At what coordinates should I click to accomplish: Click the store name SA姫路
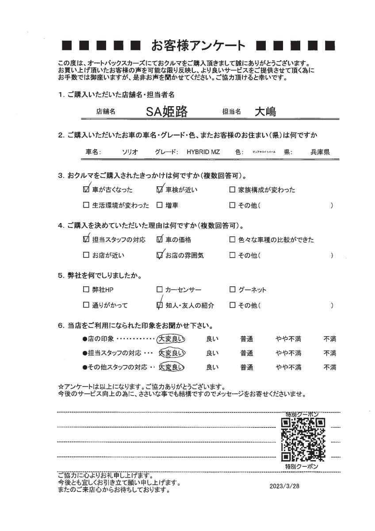(x=167, y=112)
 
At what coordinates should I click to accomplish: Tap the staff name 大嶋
(x=265, y=112)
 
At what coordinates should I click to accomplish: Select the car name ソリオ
(x=130, y=152)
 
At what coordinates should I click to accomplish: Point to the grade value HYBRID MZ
(x=203, y=152)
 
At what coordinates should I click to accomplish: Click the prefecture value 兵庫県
(x=320, y=152)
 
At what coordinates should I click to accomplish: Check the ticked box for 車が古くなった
(x=86, y=190)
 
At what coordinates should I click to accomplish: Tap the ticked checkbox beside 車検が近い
(x=160, y=190)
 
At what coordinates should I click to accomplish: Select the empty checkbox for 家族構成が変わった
(x=232, y=190)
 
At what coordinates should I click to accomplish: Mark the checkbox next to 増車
(x=160, y=206)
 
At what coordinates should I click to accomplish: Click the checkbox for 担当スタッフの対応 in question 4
(x=86, y=240)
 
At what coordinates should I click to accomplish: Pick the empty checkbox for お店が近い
(x=86, y=255)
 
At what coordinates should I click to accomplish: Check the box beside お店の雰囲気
(x=160, y=255)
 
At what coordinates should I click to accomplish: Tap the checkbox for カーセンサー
(x=160, y=290)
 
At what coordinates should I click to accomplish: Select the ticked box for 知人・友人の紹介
(x=160, y=305)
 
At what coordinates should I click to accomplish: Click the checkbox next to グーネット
(x=232, y=290)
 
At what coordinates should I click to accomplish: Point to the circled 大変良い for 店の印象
(x=171, y=339)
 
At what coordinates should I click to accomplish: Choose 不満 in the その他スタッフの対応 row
(x=329, y=367)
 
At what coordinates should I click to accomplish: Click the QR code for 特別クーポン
(x=303, y=440)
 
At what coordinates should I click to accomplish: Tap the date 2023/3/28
(x=284, y=486)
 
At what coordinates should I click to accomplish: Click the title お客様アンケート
(x=198, y=45)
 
